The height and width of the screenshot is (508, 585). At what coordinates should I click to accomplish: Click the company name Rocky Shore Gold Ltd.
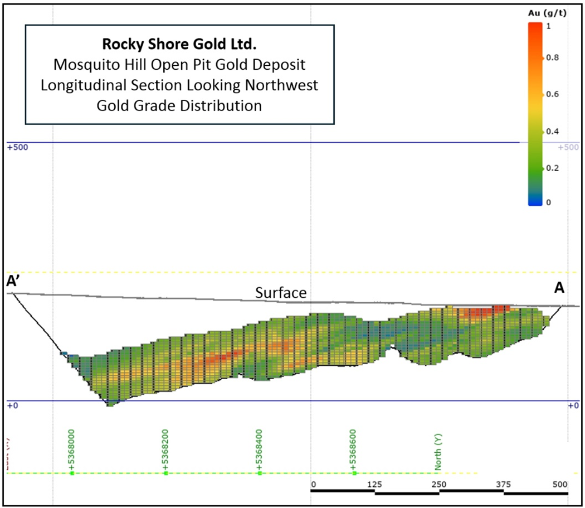(x=180, y=44)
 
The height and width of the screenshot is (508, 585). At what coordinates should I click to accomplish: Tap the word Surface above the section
(x=281, y=293)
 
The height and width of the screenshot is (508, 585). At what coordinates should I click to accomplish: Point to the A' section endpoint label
(x=13, y=282)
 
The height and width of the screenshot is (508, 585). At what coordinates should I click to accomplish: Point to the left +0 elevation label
(x=12, y=406)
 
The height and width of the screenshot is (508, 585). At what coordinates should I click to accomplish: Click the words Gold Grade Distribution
(x=179, y=105)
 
